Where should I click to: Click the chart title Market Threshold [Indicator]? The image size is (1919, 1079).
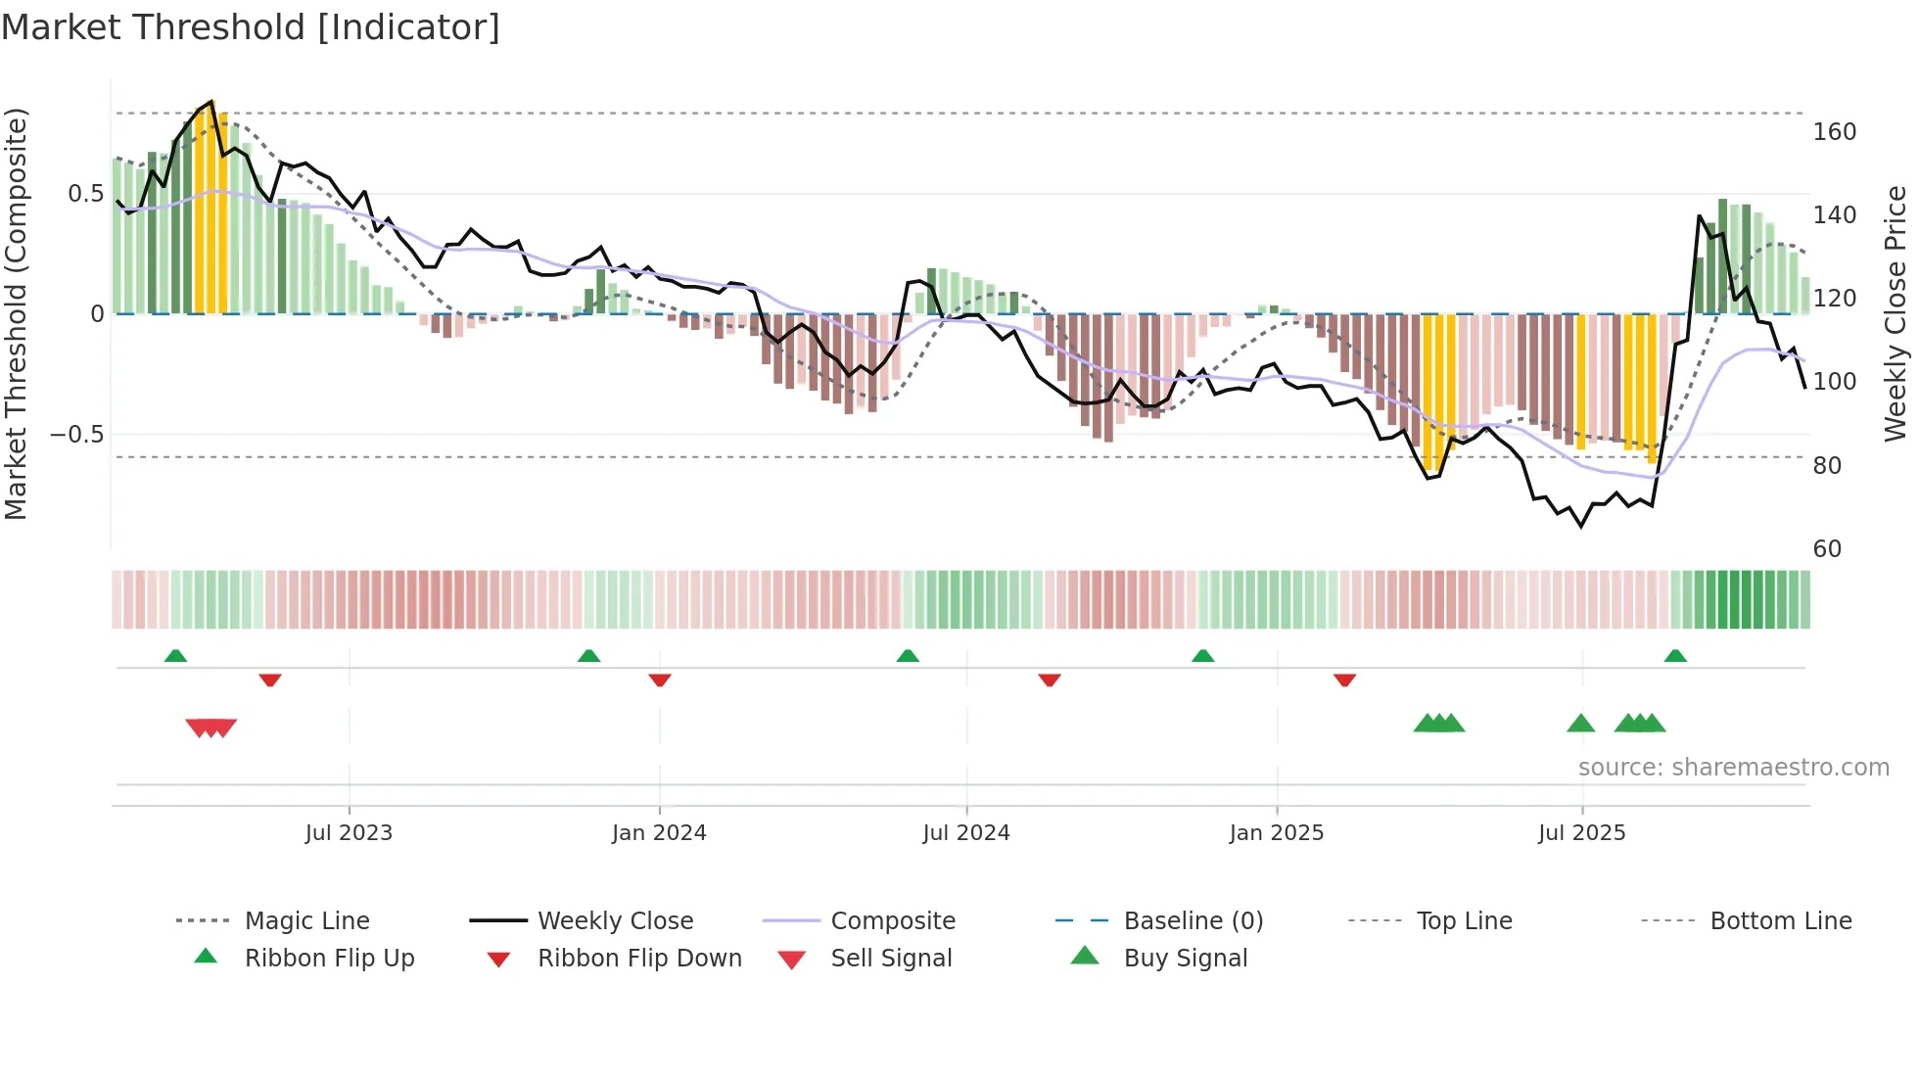coord(251,27)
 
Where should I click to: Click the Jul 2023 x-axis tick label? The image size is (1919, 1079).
coord(349,833)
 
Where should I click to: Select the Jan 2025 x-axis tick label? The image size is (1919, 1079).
coord(1276,833)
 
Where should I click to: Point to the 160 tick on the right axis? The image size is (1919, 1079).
coord(1834,132)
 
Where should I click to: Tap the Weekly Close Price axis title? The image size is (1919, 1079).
coord(1896,313)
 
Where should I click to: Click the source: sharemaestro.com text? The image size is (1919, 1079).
coord(1733,768)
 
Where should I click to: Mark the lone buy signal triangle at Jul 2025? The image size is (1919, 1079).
coord(1580,725)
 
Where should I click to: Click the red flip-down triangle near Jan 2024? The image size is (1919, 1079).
coord(660,680)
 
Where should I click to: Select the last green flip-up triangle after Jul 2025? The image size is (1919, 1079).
coord(1675,656)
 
